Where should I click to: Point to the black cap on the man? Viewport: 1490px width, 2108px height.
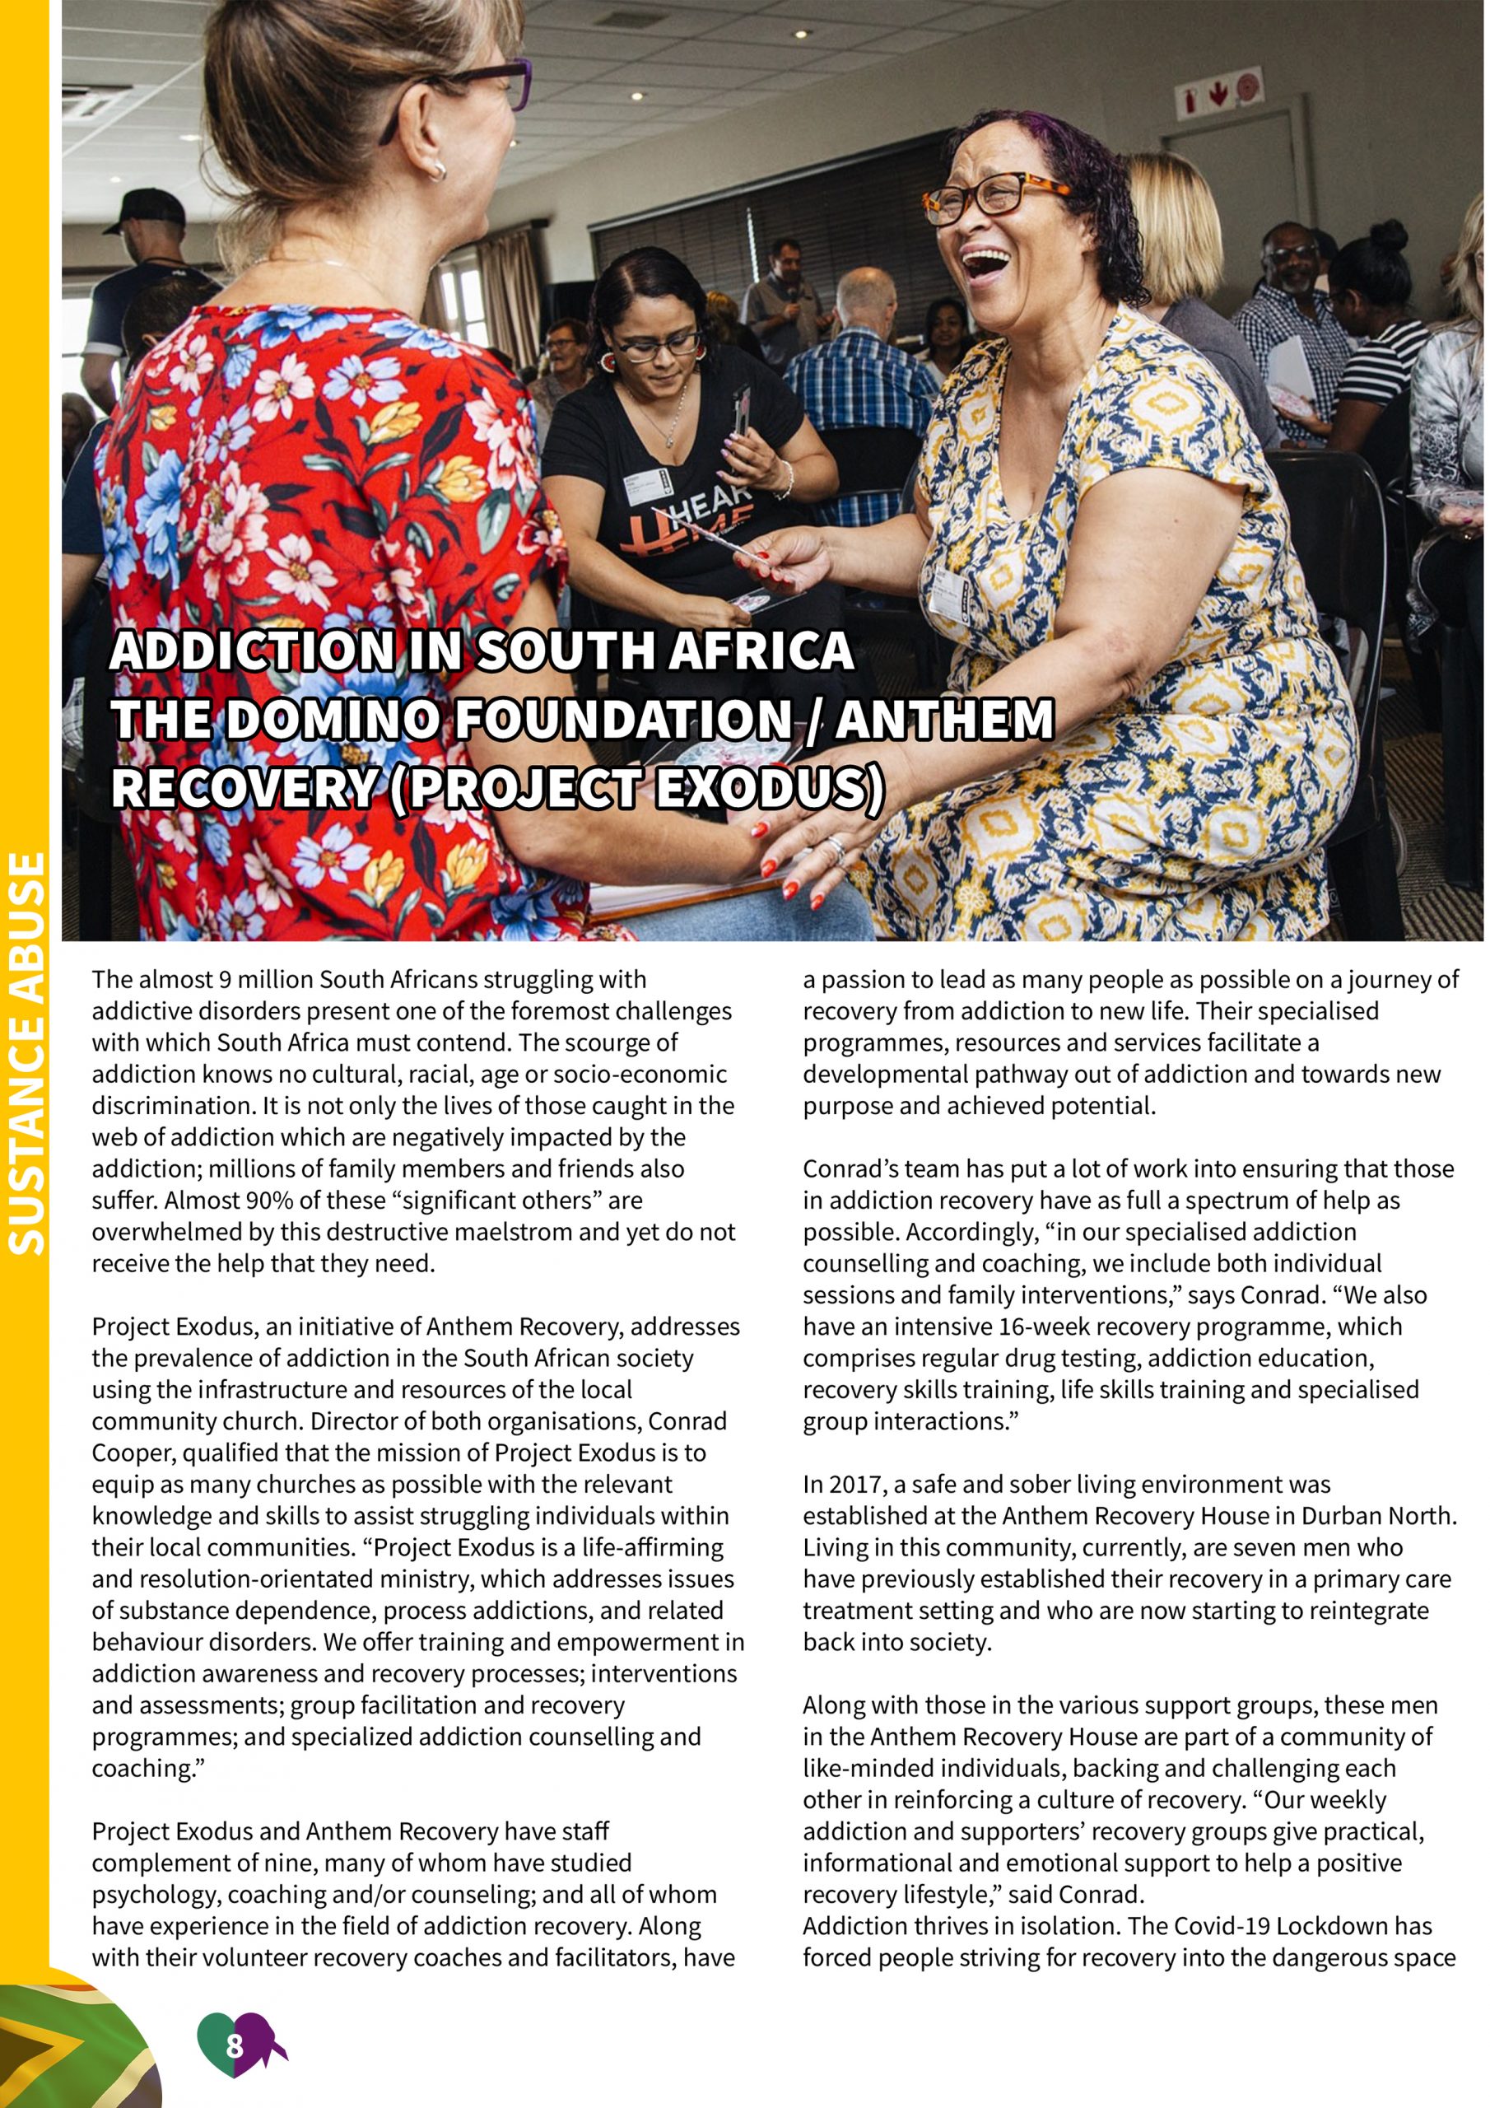[147, 208]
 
